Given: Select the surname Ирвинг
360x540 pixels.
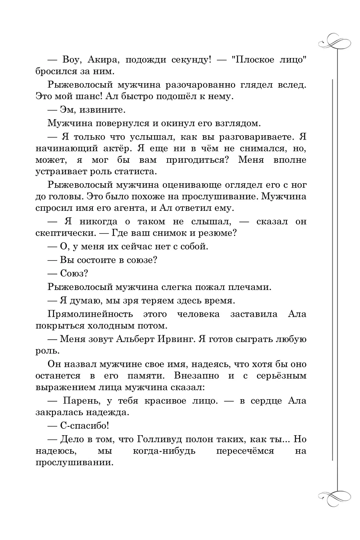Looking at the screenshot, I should point(173,339).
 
